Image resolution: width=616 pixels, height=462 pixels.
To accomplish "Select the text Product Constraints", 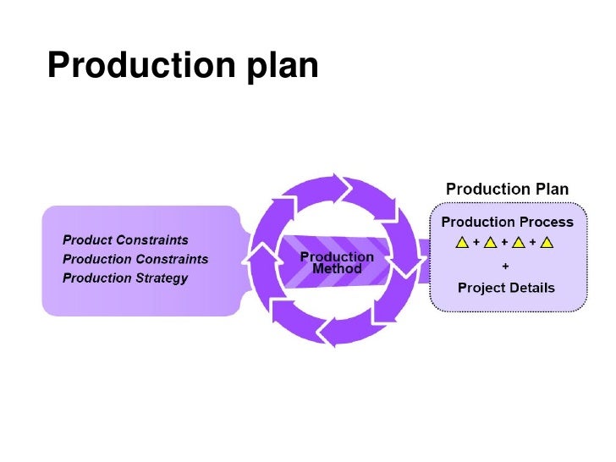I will click(125, 240).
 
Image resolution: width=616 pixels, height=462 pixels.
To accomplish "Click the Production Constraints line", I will click(135, 259).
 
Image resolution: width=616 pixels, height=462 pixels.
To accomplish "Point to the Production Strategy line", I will click(125, 278).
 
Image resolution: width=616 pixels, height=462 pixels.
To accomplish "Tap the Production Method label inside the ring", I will click(337, 263).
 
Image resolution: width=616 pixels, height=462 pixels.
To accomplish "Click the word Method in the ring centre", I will click(337, 270).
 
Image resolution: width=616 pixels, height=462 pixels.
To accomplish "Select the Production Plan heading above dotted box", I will click(507, 188).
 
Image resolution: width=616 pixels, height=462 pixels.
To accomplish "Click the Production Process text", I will click(507, 223).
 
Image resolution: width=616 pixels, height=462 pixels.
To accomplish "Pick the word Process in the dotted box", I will click(548, 223).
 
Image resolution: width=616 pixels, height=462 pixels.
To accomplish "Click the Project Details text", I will click(506, 288).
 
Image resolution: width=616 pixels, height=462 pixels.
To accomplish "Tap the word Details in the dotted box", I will click(531, 288).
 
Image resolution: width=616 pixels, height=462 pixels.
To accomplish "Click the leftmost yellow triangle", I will click(463, 244).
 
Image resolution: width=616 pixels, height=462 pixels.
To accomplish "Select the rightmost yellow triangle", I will click(547, 244).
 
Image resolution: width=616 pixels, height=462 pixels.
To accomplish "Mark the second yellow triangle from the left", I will click(491, 244).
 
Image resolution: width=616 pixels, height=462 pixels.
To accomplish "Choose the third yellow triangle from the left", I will click(519, 244).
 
